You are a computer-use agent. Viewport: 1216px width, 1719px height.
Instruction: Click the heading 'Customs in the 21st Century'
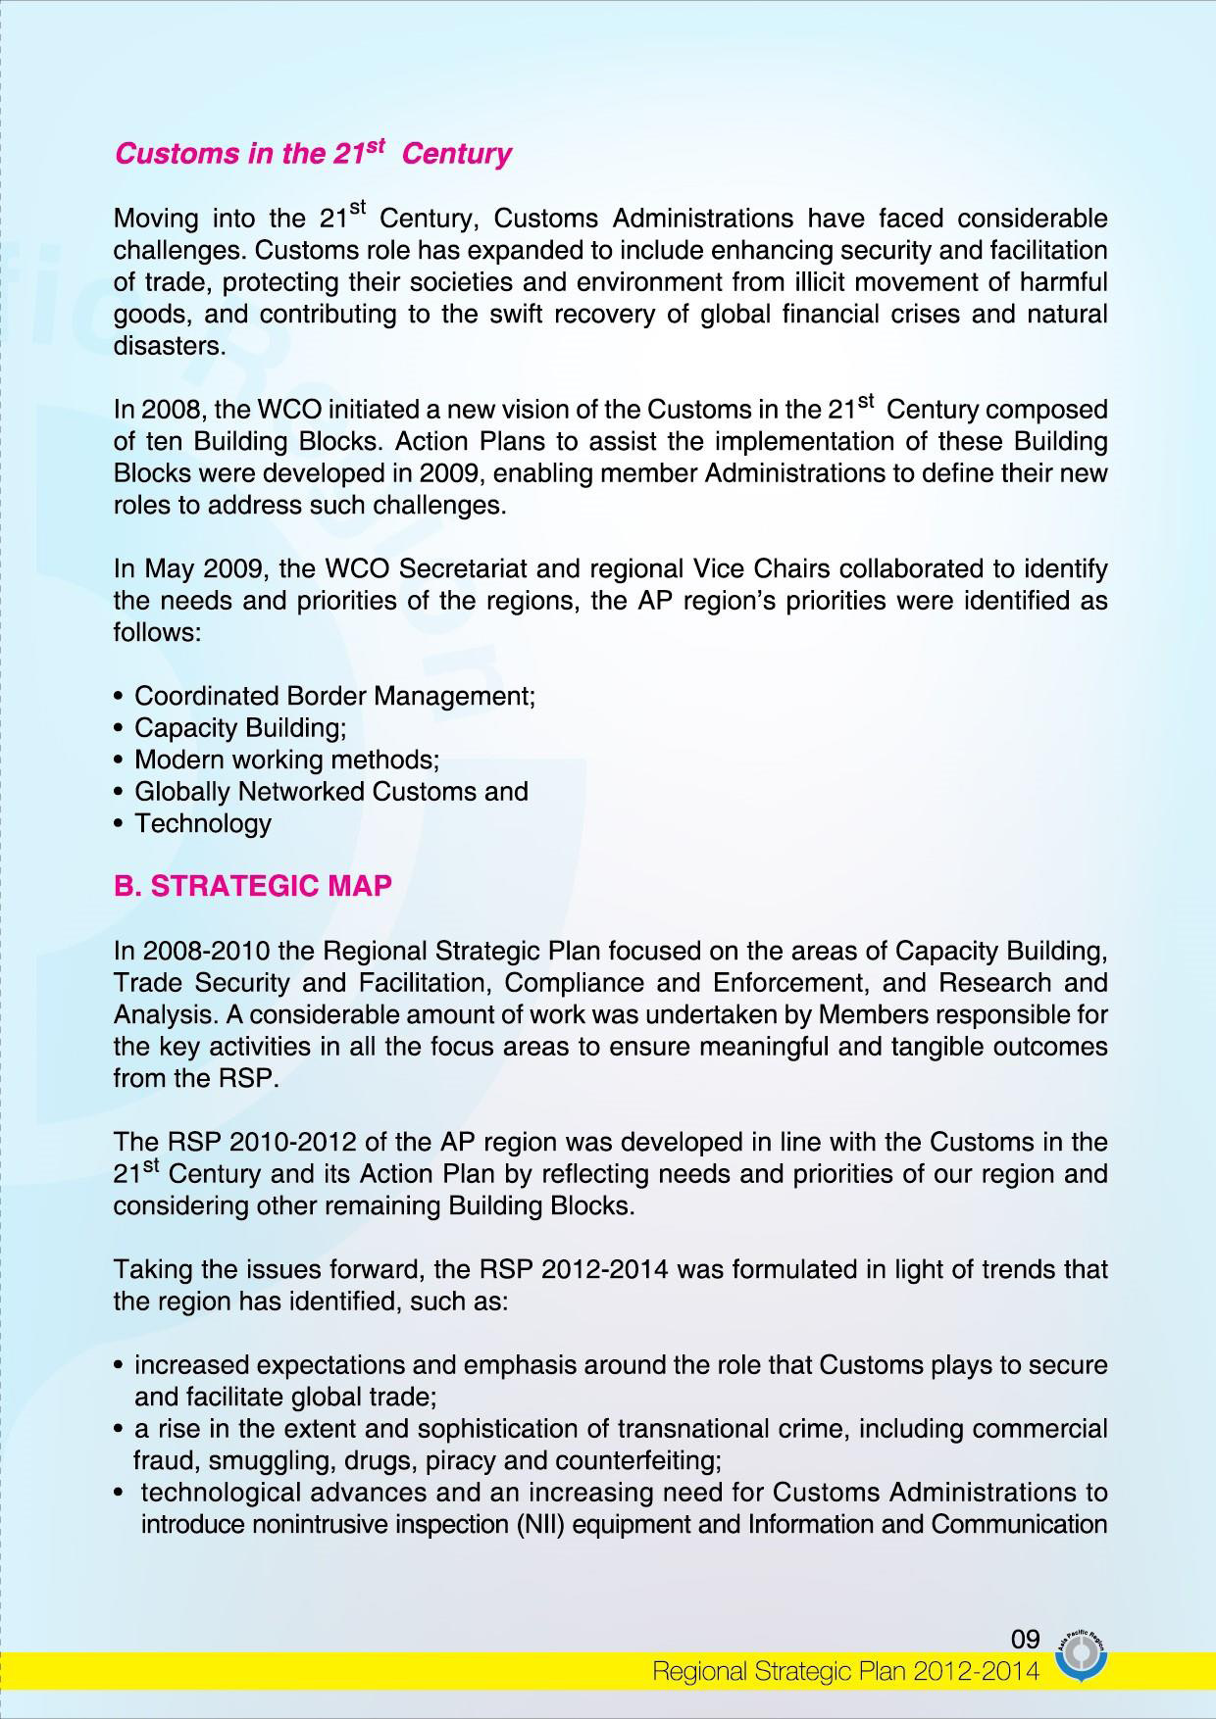tap(313, 154)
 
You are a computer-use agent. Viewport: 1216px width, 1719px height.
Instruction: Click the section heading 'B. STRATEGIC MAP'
tap(253, 885)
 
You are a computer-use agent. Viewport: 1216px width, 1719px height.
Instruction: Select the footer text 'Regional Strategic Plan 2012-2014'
tap(845, 1672)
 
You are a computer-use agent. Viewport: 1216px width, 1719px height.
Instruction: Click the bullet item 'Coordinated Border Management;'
tap(334, 696)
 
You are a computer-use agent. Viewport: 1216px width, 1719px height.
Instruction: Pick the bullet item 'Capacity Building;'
tap(240, 728)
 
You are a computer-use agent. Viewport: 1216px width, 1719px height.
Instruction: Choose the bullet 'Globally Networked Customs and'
tap(330, 792)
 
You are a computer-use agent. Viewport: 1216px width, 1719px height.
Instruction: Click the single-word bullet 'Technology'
tap(202, 823)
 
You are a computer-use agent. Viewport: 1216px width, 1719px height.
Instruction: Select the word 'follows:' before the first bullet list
tap(158, 632)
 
